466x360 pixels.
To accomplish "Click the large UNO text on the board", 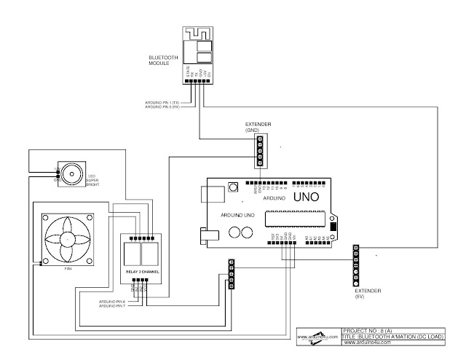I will (x=306, y=197).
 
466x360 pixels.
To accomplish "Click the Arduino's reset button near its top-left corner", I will (x=233, y=187).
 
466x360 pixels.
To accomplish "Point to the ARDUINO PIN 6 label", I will (x=111, y=300).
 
